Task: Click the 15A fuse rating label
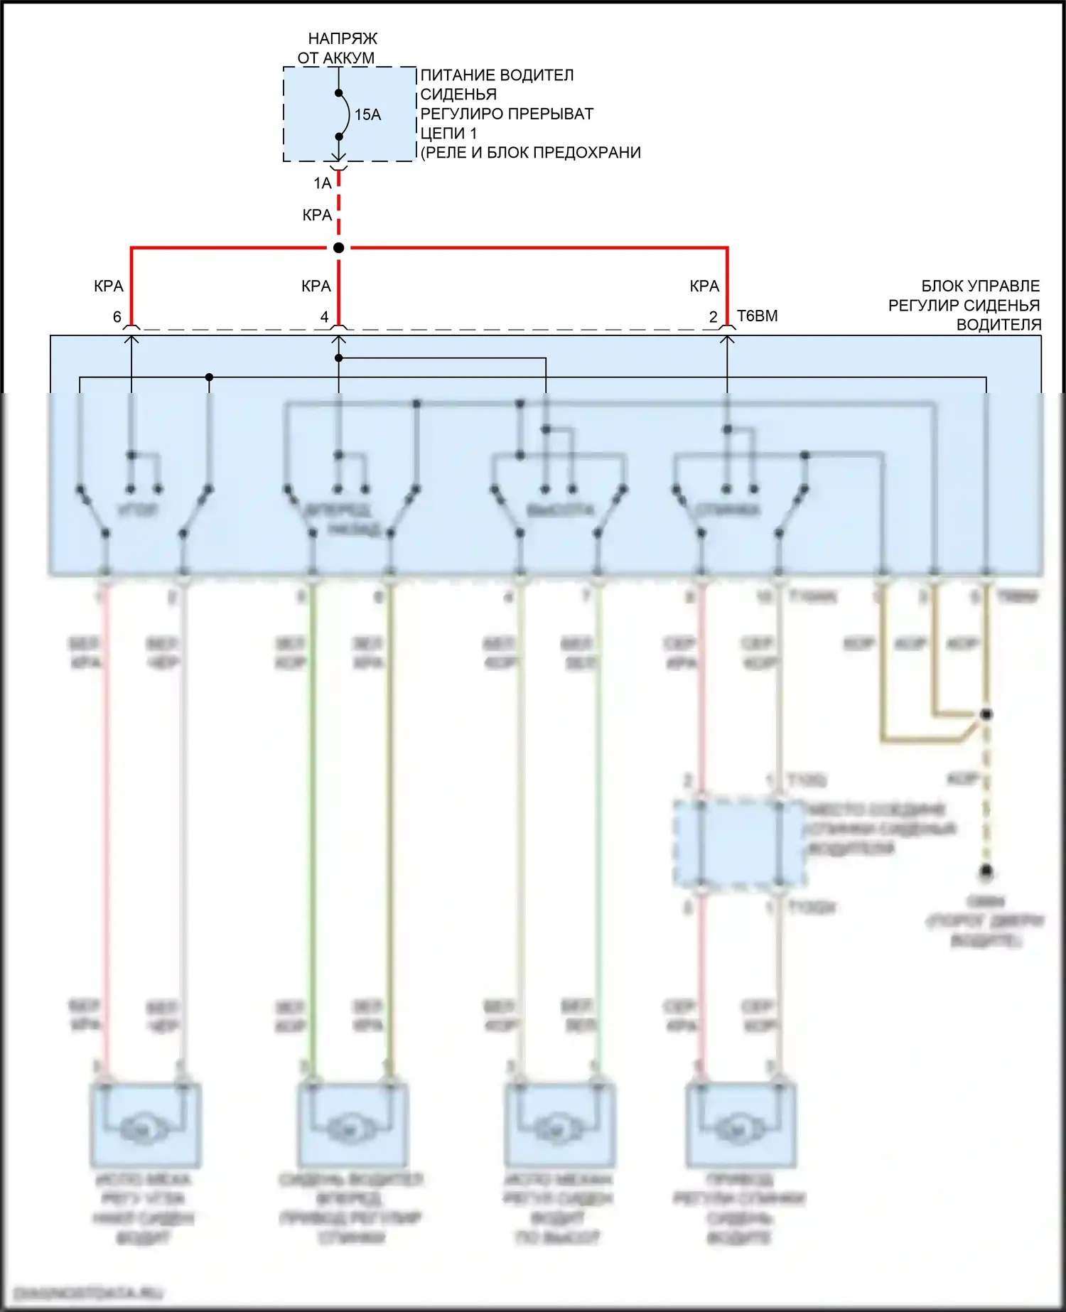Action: [367, 114]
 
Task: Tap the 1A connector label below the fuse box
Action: [323, 183]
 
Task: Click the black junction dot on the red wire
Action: [339, 248]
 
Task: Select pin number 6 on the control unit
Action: [117, 317]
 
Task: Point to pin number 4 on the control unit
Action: [325, 317]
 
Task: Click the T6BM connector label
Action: [758, 316]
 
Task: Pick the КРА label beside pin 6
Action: [109, 286]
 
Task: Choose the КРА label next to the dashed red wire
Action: [317, 215]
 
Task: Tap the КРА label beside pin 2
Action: [704, 286]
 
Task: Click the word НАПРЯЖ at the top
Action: [343, 39]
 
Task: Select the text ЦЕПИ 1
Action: [448, 134]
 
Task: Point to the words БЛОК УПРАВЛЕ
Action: [980, 286]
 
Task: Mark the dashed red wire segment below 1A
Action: [339, 206]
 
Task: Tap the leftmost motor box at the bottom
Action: [145, 1125]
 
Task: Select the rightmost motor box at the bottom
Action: [741, 1125]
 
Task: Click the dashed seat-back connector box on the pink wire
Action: [739, 844]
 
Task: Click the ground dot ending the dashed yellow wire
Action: [986, 871]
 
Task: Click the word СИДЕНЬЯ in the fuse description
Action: [458, 95]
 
